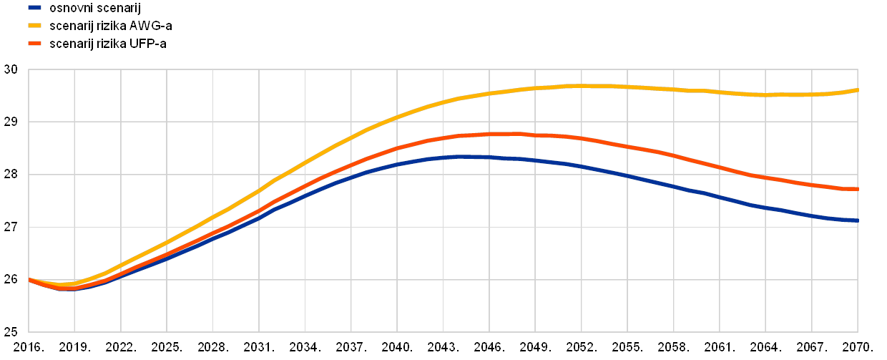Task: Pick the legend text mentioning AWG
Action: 110,26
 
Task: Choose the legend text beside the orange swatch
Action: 107,44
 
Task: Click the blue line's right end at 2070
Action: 857,220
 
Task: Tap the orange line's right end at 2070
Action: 857,189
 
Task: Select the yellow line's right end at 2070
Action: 857,90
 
